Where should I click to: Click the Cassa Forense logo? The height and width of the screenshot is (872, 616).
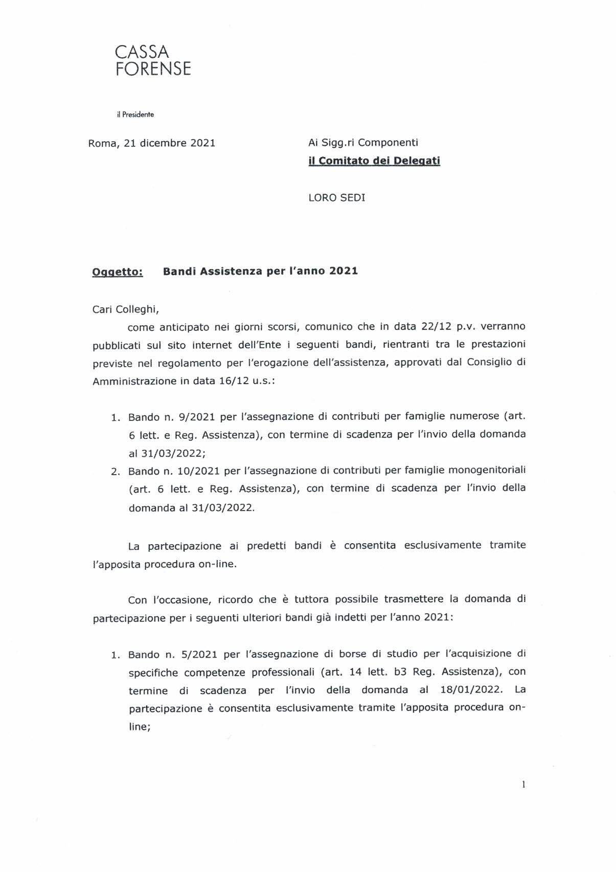point(153,60)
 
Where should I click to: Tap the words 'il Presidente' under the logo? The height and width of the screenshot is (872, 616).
point(135,115)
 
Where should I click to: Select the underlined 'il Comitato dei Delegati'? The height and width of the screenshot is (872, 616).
point(374,161)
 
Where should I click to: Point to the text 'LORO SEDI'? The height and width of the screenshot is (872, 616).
point(337,198)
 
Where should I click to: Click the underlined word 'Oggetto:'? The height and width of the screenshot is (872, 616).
point(118,272)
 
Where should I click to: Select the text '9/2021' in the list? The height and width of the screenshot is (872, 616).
point(197,417)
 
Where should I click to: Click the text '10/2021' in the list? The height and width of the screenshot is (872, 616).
point(200,470)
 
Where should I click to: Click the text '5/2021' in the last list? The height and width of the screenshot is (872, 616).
point(197,654)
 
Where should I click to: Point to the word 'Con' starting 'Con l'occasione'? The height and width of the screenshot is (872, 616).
point(138,600)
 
